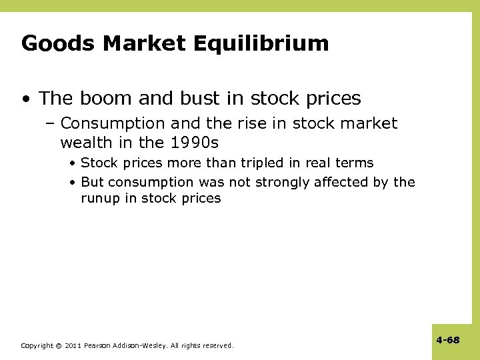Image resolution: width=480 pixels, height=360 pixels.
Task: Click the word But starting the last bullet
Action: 92,182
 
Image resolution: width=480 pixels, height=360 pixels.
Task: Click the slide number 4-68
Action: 448,340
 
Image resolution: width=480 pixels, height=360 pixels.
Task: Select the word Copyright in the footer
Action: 37,345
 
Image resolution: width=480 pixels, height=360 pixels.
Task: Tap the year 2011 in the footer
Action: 73,345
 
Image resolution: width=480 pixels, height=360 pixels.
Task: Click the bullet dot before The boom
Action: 27,99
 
